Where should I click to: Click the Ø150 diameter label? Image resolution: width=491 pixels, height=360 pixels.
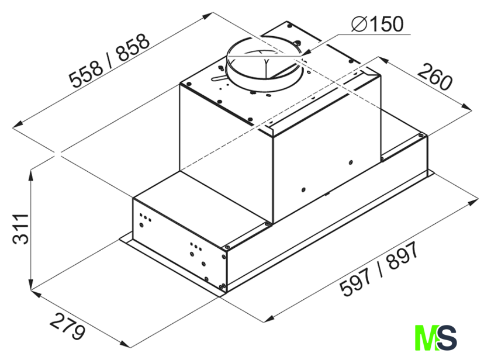click(378, 24)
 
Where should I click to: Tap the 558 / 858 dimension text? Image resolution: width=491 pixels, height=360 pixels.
click(109, 60)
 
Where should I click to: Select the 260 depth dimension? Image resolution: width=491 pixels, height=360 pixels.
click(435, 77)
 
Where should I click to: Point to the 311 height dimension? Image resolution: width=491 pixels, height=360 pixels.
click(20, 229)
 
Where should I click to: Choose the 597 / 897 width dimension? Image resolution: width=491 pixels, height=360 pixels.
click(379, 269)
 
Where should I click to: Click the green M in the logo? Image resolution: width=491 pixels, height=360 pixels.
click(426, 338)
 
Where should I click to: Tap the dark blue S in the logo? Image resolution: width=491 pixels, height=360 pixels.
click(447, 338)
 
